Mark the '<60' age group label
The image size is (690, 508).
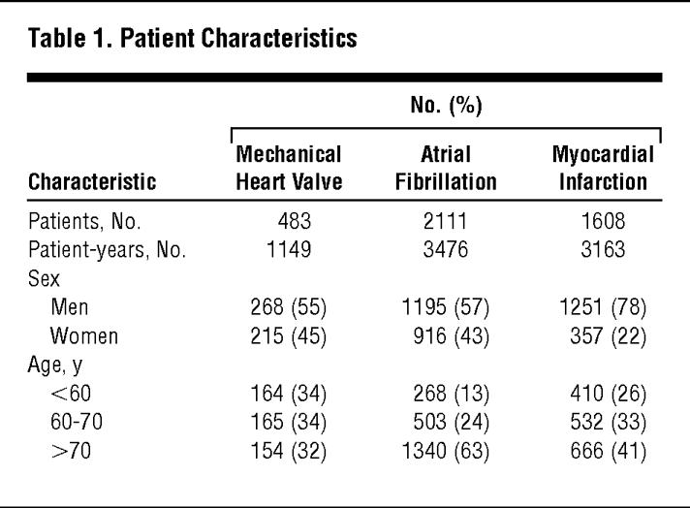[x=71, y=396]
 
